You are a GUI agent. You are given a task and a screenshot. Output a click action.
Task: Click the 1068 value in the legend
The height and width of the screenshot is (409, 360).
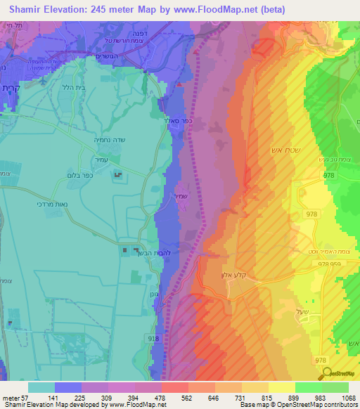(x=340, y=397)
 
